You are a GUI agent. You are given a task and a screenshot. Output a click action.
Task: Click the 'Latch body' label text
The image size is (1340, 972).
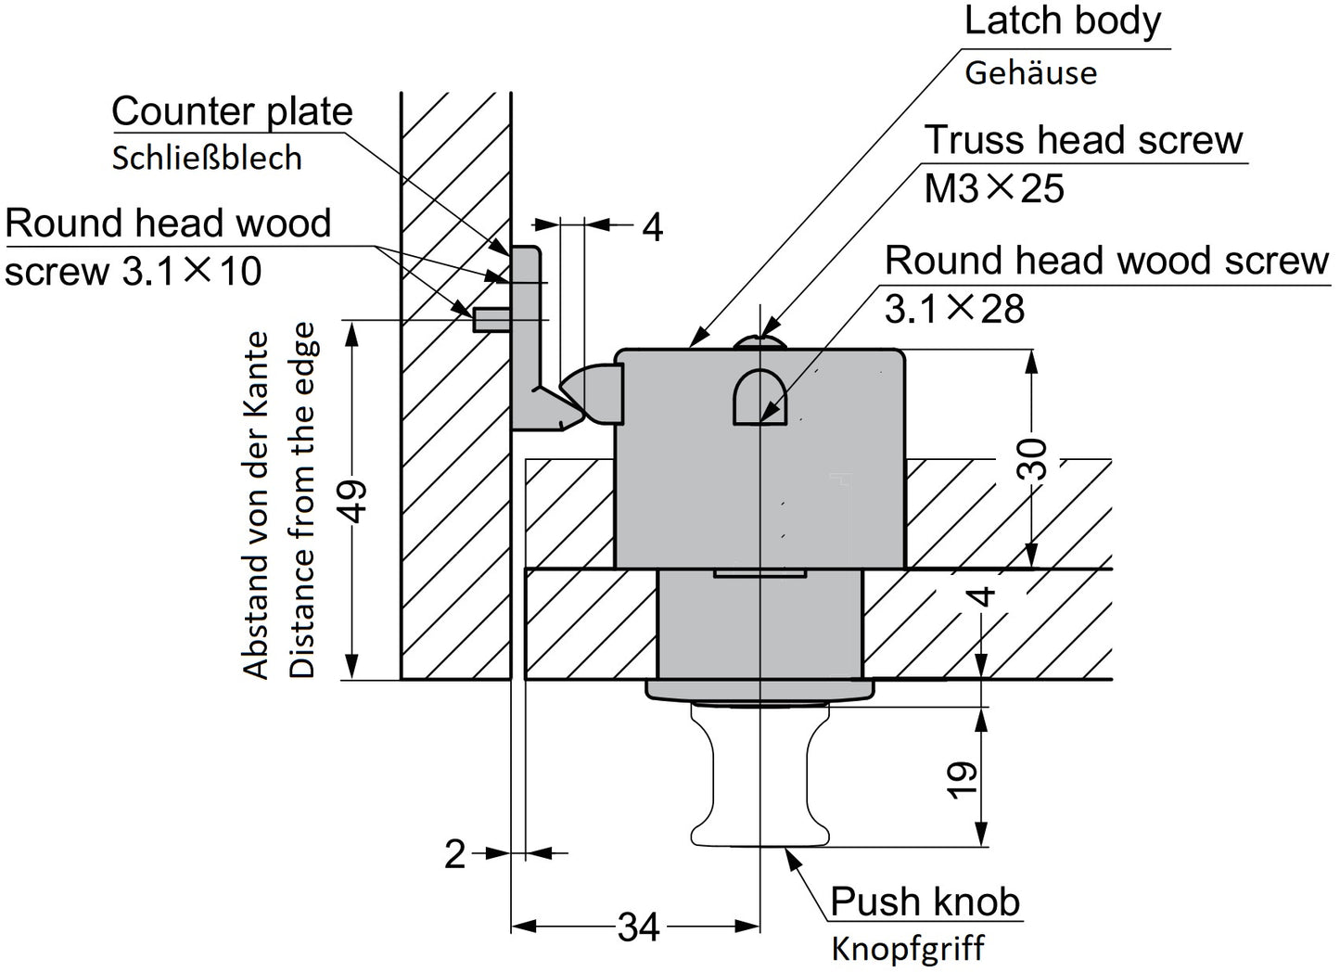coord(1062,22)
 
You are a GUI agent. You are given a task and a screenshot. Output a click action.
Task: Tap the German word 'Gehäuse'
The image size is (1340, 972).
coord(1030,72)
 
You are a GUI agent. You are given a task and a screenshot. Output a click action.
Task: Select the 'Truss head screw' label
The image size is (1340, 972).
coord(1083,140)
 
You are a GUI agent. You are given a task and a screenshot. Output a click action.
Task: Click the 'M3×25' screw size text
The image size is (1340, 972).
coord(994,189)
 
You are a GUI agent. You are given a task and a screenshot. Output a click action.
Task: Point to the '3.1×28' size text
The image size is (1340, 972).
coord(954,309)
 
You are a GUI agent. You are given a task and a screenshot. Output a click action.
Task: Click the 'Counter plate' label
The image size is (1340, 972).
coord(232,111)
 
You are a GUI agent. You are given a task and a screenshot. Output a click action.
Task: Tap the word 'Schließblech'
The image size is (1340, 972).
coord(207,158)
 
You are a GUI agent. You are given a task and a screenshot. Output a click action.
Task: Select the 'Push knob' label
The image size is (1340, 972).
coord(925,901)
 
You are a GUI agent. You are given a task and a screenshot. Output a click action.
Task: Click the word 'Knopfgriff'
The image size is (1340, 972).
coord(908,949)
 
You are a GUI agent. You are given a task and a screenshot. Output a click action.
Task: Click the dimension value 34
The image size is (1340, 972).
coord(638,927)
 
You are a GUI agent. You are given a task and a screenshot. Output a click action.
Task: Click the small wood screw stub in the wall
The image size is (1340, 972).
coord(490,320)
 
